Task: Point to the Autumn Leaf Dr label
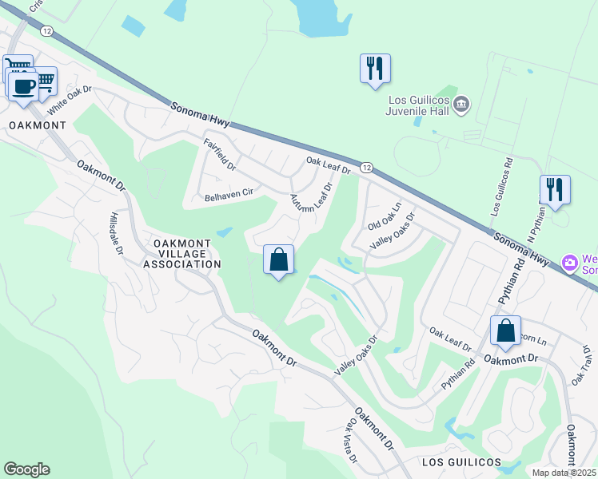310,204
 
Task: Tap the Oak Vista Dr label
350,443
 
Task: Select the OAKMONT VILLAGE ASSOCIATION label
181,253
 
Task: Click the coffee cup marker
23,85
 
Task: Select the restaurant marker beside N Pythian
555,189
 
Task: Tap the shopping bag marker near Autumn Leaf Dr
278,259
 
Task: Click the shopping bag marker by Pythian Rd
506,331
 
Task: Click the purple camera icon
570,262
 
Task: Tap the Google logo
26,469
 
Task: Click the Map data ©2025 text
564,473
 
